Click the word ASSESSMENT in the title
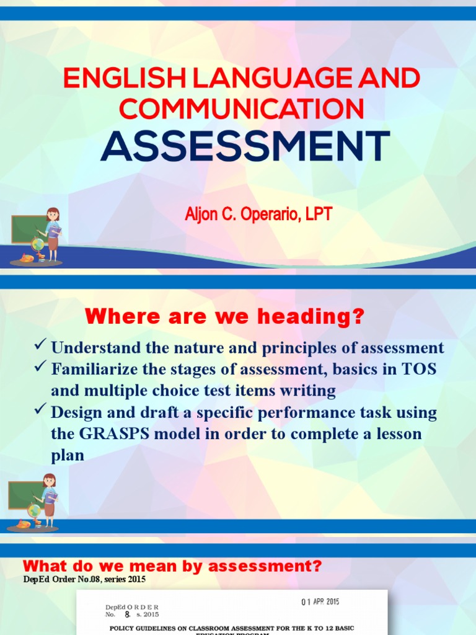point(245,146)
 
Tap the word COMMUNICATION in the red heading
point(242,109)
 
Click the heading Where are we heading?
point(224,318)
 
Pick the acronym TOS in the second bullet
point(419,369)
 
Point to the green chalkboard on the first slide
point(27,228)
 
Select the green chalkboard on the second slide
point(24,494)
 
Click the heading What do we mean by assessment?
point(172,566)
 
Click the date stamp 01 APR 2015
point(320,602)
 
